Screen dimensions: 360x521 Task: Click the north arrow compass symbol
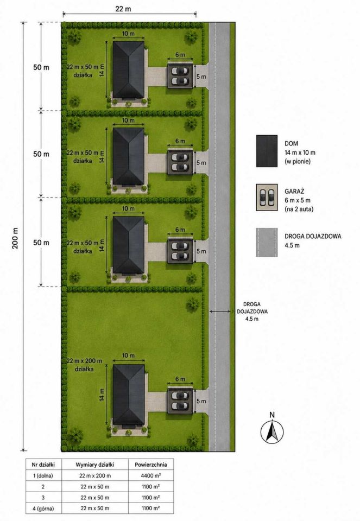pyautogui.click(x=272, y=431)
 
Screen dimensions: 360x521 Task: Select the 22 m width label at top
pyautogui.click(x=123, y=9)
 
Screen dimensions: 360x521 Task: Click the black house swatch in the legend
pyautogui.click(x=267, y=151)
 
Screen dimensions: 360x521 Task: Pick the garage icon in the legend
pyautogui.click(x=267, y=198)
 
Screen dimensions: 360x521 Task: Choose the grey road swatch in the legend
pyautogui.click(x=267, y=242)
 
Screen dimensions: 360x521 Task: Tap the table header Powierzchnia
pyautogui.click(x=150, y=465)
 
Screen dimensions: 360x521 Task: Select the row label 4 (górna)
pyautogui.click(x=43, y=508)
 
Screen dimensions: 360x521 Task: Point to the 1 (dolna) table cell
pyautogui.click(x=43, y=475)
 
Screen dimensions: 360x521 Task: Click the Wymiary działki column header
pyautogui.click(x=94, y=465)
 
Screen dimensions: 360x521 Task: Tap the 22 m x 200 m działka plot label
pyautogui.click(x=84, y=365)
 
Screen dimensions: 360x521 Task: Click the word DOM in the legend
pyautogui.click(x=291, y=143)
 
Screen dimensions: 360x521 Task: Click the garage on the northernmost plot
pyautogui.click(x=180, y=76)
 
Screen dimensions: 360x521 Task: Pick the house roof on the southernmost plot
pyautogui.click(x=129, y=395)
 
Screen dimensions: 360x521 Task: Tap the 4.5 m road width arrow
pyautogui.click(x=220, y=312)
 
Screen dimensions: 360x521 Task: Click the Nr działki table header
pyautogui.click(x=43, y=465)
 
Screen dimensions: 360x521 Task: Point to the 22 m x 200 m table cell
pyautogui.click(x=95, y=475)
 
